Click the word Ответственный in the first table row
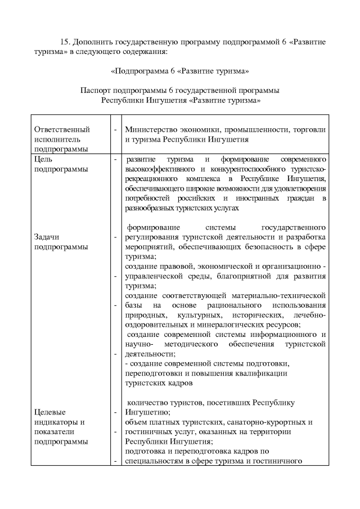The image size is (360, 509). click(62, 129)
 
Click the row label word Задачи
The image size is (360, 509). click(47, 237)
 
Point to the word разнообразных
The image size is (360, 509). click(151, 208)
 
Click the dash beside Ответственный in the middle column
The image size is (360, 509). click(115, 130)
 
